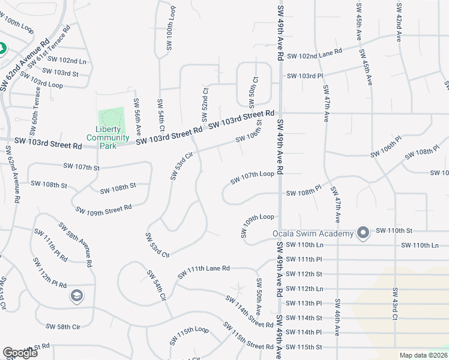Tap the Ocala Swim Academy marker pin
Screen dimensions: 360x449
click(363, 232)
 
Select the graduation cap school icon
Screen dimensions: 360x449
click(76, 295)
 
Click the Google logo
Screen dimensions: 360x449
click(20, 353)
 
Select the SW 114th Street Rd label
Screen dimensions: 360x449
click(250, 312)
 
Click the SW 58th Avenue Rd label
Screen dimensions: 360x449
click(75, 244)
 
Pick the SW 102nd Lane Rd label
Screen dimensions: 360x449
click(315, 55)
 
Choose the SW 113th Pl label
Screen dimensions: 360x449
click(304, 303)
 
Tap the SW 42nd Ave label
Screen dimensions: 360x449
click(398, 23)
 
